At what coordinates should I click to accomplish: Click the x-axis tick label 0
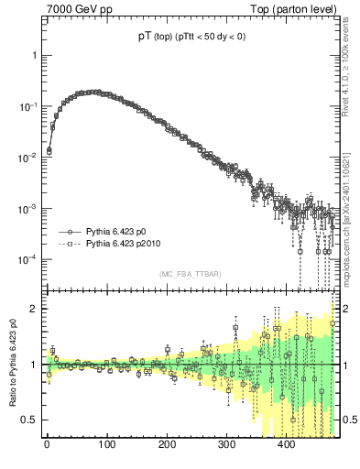click(x=47, y=446)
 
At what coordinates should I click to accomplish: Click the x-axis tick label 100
click(x=106, y=446)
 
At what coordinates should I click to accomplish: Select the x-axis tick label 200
click(x=167, y=446)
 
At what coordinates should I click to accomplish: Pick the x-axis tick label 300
click(x=226, y=446)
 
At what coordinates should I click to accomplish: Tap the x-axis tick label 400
click(x=287, y=446)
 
